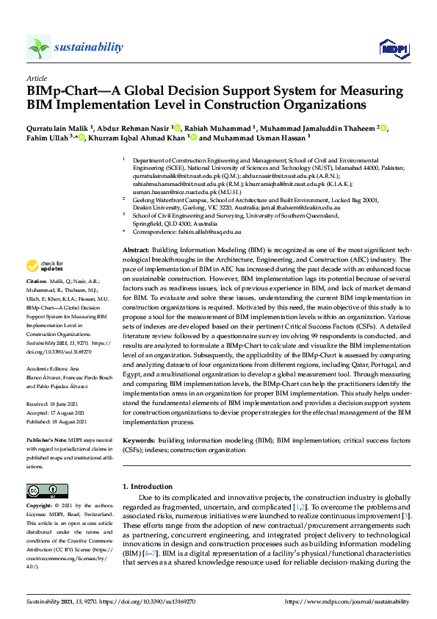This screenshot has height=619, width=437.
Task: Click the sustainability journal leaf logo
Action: coord(39,47)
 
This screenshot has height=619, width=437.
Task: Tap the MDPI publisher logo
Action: coord(393,48)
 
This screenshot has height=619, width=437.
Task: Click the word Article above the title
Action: coord(37,78)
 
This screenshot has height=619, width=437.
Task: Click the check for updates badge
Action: coord(44,265)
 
